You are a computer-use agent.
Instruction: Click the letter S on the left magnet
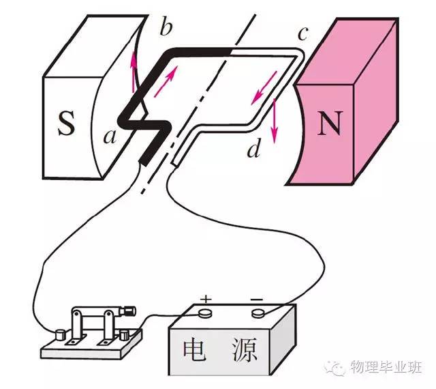point(65,124)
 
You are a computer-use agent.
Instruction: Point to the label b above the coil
point(166,29)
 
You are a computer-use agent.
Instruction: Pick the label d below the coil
point(254,149)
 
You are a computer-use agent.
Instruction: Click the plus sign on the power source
point(206,299)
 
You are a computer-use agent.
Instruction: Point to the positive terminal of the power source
point(206,313)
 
